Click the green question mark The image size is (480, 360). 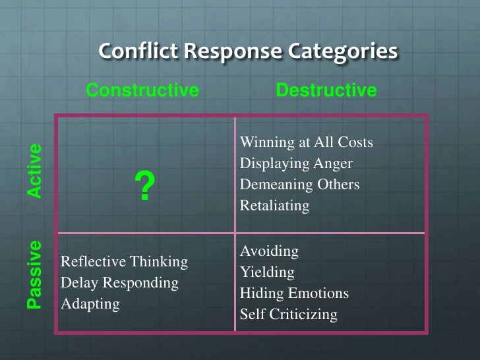tap(144, 187)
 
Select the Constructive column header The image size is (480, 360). tap(142, 90)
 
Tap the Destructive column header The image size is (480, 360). tap(326, 90)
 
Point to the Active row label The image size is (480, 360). tap(34, 170)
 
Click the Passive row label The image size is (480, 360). tap(34, 274)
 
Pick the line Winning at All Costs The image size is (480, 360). tap(306, 142)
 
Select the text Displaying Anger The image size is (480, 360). tap(296, 164)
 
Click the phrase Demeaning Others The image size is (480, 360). tap(299, 185)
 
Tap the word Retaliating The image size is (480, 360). tap(274, 206)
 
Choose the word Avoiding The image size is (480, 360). tap(269, 251)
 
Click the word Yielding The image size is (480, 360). tap(267, 272)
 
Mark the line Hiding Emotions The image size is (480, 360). tap(294, 293)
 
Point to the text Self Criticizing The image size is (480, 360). tap(288, 315)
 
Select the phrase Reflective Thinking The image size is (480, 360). tap(124, 262)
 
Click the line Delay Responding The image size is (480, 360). tap(119, 283)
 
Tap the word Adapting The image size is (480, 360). tap(90, 304)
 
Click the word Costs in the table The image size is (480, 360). tap(355, 142)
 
